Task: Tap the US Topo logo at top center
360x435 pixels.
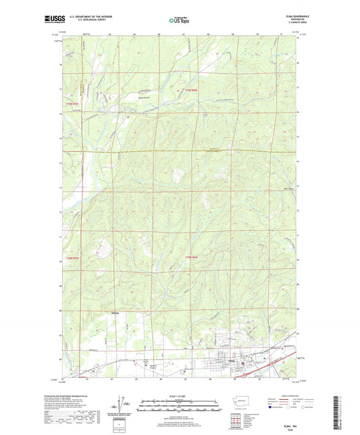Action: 180,20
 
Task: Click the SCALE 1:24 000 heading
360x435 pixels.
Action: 180,396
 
